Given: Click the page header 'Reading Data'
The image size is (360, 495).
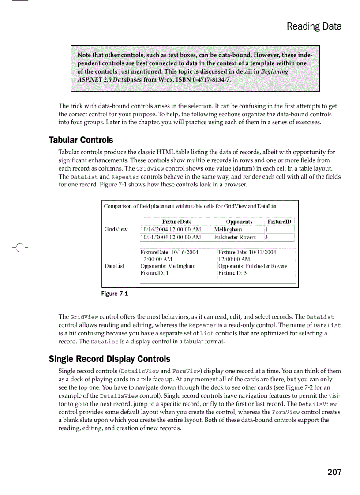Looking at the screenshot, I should (314, 26).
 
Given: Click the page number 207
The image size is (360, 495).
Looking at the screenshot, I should (334, 472).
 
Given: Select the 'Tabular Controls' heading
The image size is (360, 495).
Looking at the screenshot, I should (81, 140).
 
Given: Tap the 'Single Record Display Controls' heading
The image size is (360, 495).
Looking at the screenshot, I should (109, 359).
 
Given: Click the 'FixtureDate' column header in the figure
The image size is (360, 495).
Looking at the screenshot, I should (176, 222).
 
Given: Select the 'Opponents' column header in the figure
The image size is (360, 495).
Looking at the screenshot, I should (239, 222).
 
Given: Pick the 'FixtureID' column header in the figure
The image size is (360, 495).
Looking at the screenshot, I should (279, 222).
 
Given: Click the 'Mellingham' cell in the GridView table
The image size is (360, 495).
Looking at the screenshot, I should (228, 229).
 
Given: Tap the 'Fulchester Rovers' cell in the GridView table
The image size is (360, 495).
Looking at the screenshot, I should (235, 237).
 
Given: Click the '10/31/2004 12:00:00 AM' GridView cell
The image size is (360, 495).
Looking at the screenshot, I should (171, 237).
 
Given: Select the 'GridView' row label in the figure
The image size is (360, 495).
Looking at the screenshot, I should (116, 229).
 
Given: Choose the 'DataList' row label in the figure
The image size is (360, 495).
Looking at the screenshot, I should (114, 266).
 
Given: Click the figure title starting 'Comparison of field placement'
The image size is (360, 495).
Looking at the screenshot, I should (190, 206).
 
